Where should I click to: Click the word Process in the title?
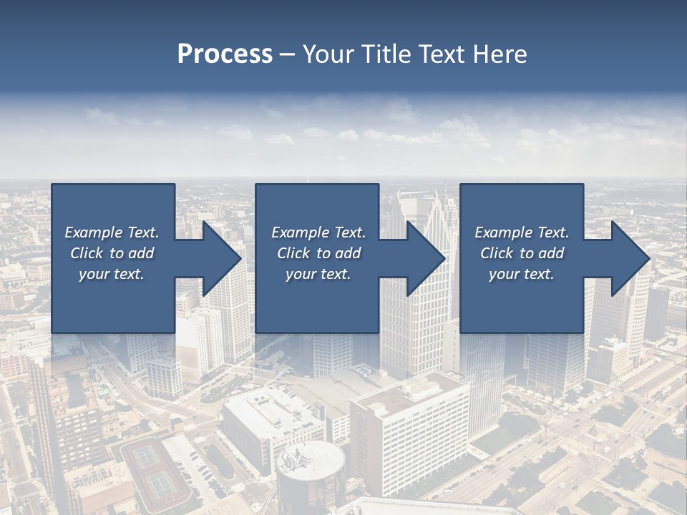225,54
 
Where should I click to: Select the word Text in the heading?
443,54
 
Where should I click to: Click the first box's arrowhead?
221,258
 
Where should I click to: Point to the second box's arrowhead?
426,258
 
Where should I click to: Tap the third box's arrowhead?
630,258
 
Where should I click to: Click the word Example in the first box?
93,232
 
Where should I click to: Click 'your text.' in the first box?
112,274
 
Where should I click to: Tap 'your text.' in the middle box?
318,274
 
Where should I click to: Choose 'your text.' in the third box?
522,274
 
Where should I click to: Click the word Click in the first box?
87,253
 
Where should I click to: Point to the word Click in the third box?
497,253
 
